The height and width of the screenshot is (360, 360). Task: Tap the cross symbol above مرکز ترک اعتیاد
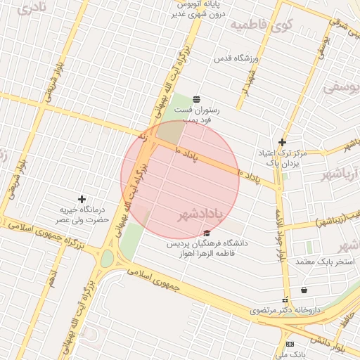282,141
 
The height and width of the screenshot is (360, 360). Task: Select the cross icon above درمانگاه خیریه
82,200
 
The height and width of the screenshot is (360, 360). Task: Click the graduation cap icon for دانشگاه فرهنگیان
206,233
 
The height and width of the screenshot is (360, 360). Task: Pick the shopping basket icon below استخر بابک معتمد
304,290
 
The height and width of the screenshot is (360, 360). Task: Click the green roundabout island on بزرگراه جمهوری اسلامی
107,258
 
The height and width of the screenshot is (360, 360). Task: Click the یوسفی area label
340,87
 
